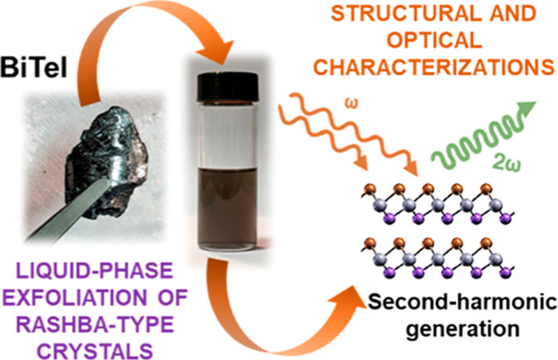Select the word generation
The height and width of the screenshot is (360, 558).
point(454,324)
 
